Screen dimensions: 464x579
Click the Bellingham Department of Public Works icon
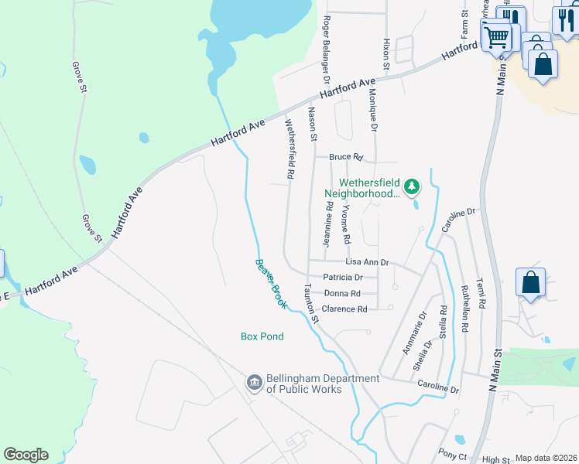pyautogui.click(x=254, y=383)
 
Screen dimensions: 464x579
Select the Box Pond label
pyautogui.click(x=262, y=336)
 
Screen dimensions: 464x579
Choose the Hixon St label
pyautogui.click(x=385, y=54)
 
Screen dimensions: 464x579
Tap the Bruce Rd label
pyautogui.click(x=345, y=157)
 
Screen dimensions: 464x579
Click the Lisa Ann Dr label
pyautogui.click(x=366, y=263)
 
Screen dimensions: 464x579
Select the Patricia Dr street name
pyautogui.click(x=343, y=277)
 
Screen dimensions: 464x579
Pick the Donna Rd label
pyautogui.click(x=342, y=293)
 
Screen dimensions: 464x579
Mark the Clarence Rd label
pyautogui.click(x=344, y=309)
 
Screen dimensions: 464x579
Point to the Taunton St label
pyautogui.click(x=311, y=302)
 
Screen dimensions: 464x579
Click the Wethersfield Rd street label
pyautogui.click(x=289, y=149)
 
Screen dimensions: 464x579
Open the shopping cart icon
pyautogui.click(x=497, y=36)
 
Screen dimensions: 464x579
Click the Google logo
pyautogui.click(x=26, y=455)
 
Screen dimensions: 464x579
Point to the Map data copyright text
pyautogui.click(x=546, y=458)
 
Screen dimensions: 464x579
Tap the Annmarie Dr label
pyautogui.click(x=414, y=333)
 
